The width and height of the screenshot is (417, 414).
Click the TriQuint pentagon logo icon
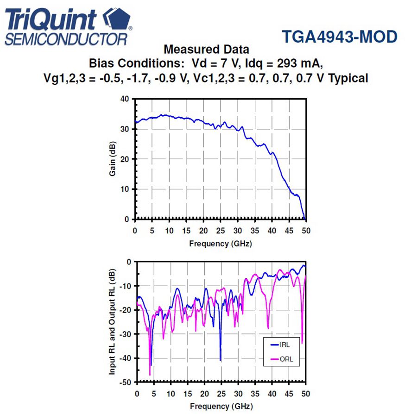coord(116,20)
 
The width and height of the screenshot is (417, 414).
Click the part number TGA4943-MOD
coord(339,37)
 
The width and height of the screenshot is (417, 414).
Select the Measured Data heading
coord(206,49)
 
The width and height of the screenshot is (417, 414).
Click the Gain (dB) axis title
coord(113,159)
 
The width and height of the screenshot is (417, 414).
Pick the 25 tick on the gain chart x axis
coord(221,231)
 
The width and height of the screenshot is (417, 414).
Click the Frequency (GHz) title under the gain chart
coord(221,244)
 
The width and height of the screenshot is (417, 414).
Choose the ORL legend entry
coord(285,359)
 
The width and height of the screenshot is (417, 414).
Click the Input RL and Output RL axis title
coord(113,322)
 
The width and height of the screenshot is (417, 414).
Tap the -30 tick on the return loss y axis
coord(125,334)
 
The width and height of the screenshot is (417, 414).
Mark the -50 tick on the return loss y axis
coord(125,382)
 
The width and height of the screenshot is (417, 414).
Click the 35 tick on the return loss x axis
coord(255,394)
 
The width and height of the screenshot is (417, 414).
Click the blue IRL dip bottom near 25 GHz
coord(221,360)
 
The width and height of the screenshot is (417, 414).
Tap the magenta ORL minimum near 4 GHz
coord(150,375)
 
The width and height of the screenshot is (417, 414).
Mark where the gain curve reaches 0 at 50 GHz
coord(305,219)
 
